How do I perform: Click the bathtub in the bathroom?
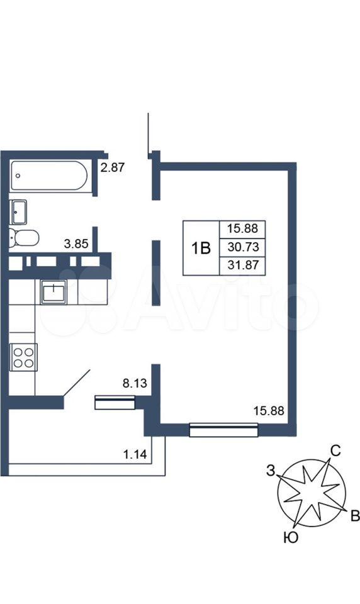click(49, 176)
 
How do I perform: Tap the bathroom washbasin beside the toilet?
click(18, 212)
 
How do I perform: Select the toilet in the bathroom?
click(24, 238)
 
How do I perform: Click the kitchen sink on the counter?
click(53, 291)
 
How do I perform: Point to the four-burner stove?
click(23, 357)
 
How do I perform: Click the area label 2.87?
click(113, 167)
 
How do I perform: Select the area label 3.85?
click(76, 244)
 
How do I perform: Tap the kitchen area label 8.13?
click(135, 383)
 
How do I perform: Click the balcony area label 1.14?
click(135, 454)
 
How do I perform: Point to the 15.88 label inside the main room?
click(269, 411)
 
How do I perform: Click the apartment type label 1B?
click(201, 249)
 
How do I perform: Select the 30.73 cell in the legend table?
click(243, 247)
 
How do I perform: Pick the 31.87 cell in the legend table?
click(243, 266)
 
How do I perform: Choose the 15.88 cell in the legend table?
click(242, 229)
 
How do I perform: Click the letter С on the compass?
click(335, 450)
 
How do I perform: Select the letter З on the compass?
click(271, 471)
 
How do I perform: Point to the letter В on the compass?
click(355, 515)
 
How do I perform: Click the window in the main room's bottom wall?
click(223, 430)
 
